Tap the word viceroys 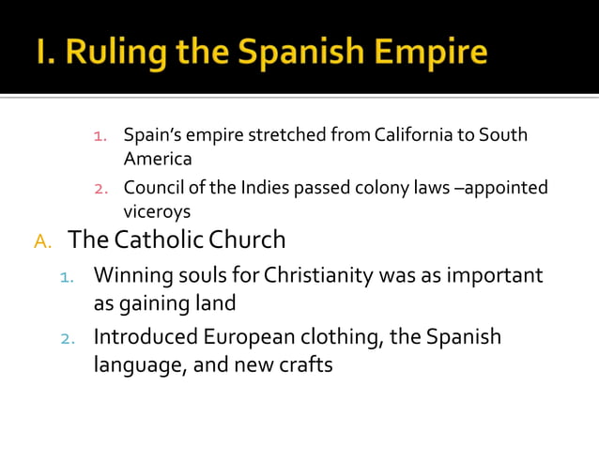pos(157,212)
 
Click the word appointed pos(501,188)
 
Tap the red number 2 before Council pos(105,189)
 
